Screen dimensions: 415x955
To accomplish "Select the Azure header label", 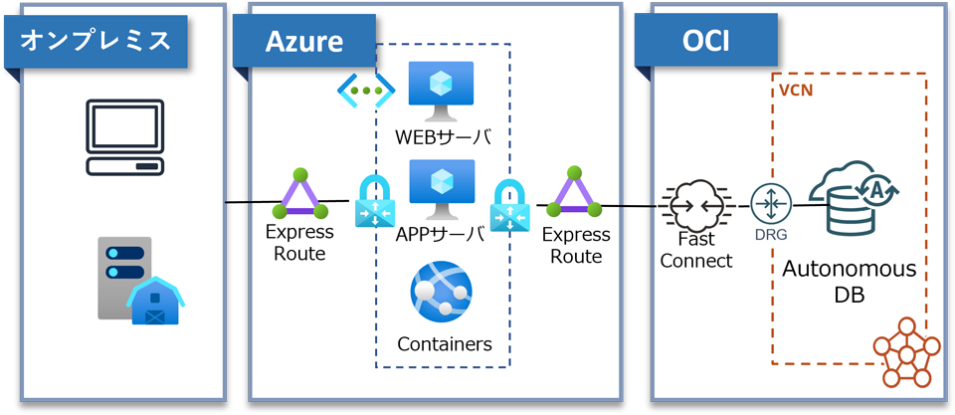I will click(x=303, y=41).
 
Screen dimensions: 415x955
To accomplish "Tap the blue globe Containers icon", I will click(x=442, y=295).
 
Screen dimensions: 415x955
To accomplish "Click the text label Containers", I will click(x=444, y=344).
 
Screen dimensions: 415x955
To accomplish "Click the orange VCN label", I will click(x=794, y=89).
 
